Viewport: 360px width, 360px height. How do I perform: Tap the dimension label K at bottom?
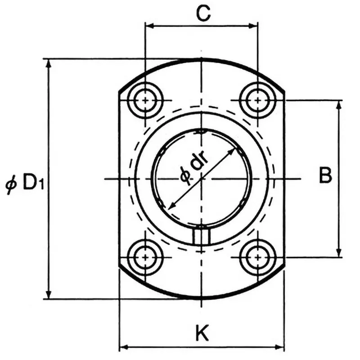(x=202, y=333)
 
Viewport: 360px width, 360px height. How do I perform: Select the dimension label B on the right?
(x=325, y=175)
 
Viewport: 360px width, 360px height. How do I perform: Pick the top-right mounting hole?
(x=257, y=100)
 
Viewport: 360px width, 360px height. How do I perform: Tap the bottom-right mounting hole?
(x=257, y=257)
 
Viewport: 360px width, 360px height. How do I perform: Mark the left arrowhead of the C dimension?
(x=149, y=26)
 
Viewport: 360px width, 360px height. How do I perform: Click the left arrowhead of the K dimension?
(x=123, y=347)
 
